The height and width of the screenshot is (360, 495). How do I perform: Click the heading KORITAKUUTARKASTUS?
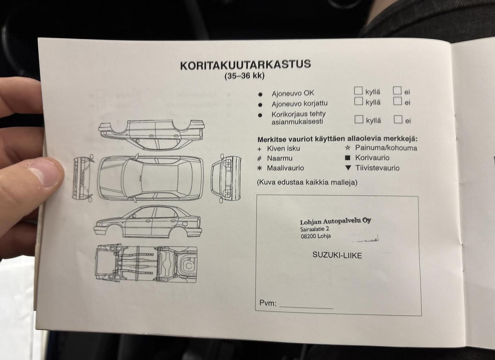tap(245, 65)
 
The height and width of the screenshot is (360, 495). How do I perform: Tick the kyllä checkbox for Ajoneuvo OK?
tap(358, 90)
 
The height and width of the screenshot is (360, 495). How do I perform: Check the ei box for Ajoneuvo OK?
tap(397, 90)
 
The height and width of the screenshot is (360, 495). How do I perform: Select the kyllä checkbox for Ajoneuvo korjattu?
tap(359, 101)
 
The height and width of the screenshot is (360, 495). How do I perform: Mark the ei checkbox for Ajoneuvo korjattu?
tap(397, 101)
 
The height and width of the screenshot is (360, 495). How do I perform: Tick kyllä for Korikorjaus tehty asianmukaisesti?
tap(359, 119)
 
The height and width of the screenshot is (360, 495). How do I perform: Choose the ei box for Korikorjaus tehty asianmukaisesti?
tap(398, 119)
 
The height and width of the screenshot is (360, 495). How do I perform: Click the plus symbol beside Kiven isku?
tap(260, 149)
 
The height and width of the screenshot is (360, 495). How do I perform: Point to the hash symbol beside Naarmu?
tap(260, 158)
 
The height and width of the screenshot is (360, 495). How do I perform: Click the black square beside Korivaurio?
tap(348, 158)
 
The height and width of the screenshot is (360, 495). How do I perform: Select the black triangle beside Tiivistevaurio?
tap(348, 168)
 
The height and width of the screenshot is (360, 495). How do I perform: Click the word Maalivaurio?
tap(286, 168)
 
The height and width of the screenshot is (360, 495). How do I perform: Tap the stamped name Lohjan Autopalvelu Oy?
tap(335, 221)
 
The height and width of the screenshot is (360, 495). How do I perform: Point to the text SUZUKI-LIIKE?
tap(337, 255)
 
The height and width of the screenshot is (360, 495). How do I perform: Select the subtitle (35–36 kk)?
tap(244, 76)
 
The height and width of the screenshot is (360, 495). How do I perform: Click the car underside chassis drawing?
tap(146, 263)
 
